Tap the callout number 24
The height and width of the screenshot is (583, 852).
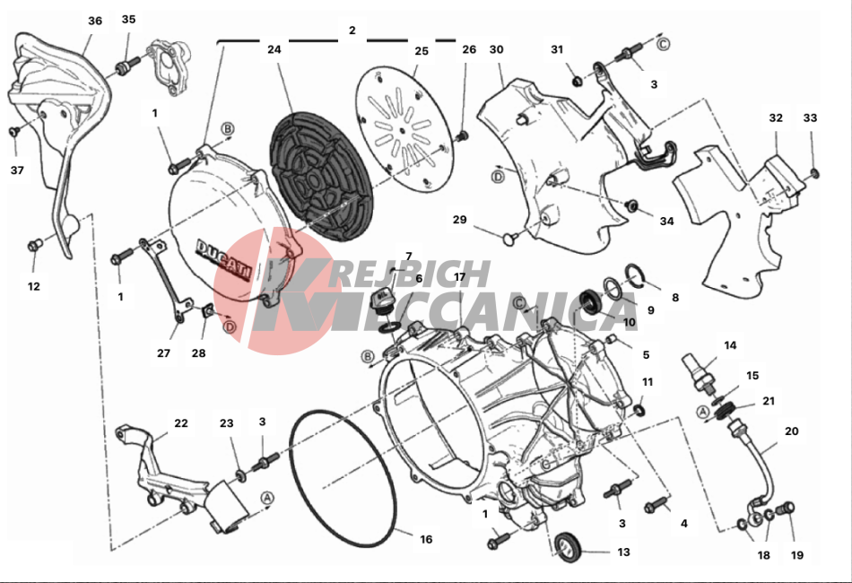[274, 49]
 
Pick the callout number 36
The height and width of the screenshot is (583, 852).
[95, 21]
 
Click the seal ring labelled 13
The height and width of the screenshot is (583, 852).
[568, 546]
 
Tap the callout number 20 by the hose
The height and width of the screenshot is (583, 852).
[792, 431]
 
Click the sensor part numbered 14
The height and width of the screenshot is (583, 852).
[699, 373]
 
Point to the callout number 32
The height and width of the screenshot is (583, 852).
[776, 117]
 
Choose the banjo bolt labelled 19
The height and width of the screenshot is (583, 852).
[785, 509]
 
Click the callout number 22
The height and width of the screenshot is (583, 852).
[181, 422]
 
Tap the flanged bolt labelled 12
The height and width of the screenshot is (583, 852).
[35, 246]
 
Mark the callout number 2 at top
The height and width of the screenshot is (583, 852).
[352, 30]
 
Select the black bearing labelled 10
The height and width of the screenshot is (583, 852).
[589, 302]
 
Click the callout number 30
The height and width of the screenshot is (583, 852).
[497, 49]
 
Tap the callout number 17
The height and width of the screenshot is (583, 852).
[460, 277]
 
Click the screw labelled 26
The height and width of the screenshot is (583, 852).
[462, 135]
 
